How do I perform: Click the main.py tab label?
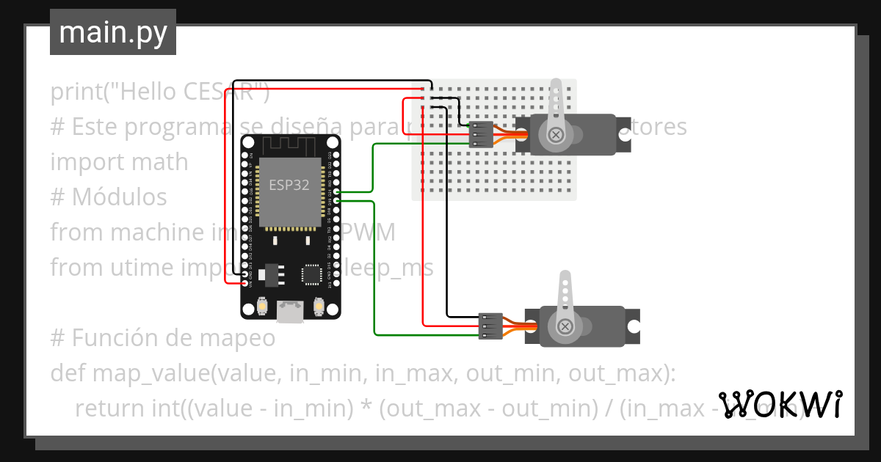pyautogui.click(x=112, y=32)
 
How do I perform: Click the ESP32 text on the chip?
pyautogui.click(x=289, y=185)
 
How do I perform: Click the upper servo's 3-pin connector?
pyautogui.click(x=482, y=134)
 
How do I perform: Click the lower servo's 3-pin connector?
pyautogui.click(x=490, y=326)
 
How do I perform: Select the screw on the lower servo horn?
pyautogui.click(x=566, y=326)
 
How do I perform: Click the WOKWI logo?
pyautogui.click(x=780, y=404)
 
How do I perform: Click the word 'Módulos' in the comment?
pyautogui.click(x=119, y=197)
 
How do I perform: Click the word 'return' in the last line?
pyautogui.click(x=112, y=408)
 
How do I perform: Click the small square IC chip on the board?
pyautogui.click(x=312, y=274)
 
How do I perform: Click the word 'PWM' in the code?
pyautogui.click(x=366, y=232)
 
